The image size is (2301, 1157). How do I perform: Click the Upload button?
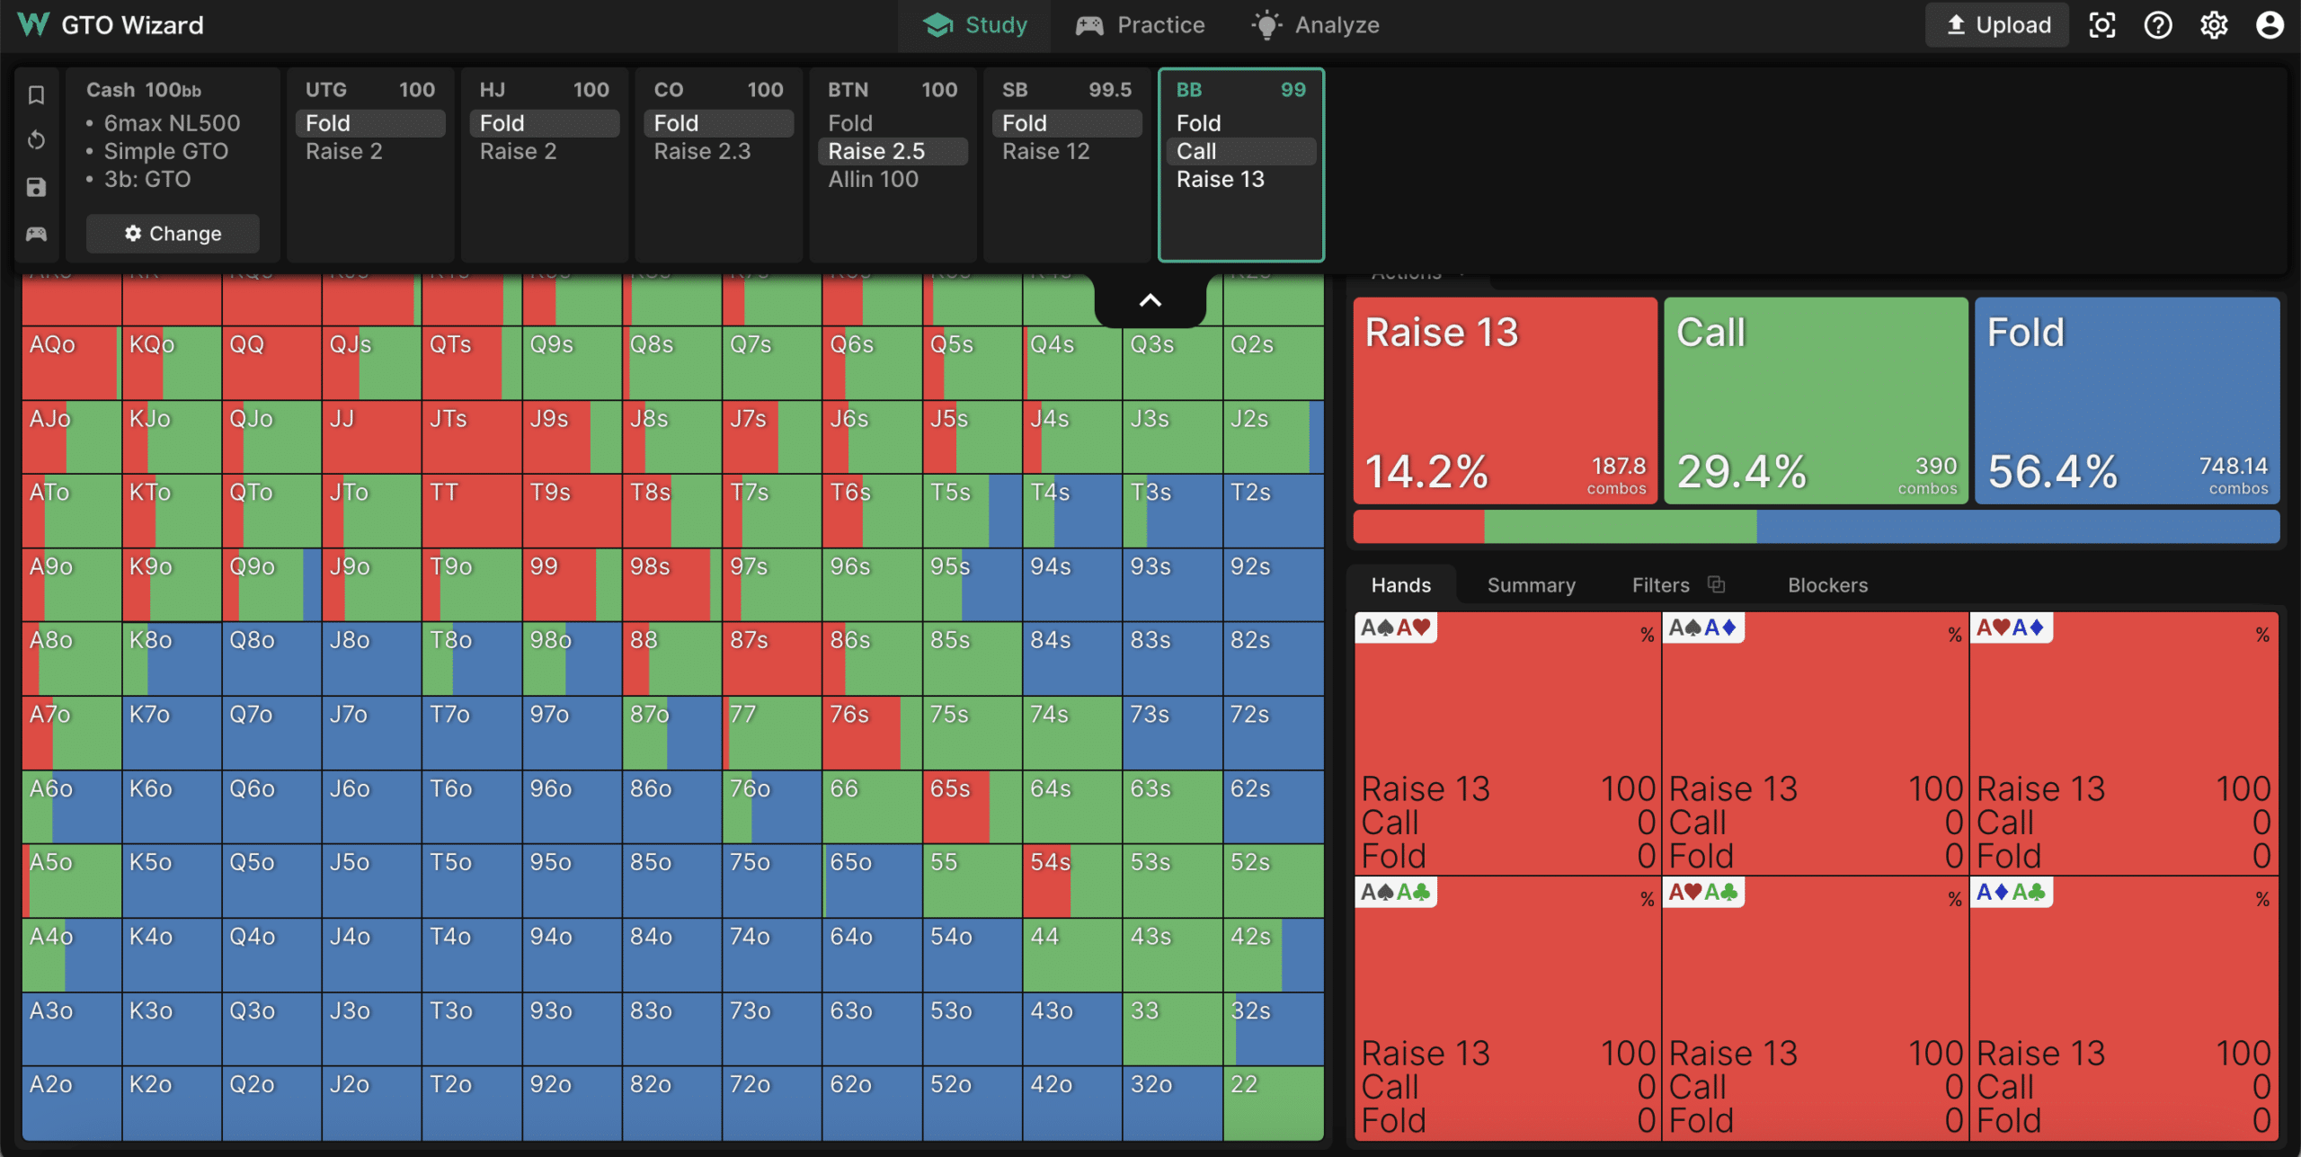pos(1996,25)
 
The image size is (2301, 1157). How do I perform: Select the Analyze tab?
pos(1316,25)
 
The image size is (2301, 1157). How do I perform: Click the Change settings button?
pos(173,234)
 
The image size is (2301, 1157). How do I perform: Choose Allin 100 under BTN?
pos(873,179)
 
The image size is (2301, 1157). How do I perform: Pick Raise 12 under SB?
pos(1045,151)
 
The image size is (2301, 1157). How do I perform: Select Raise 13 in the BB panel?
pos(1220,179)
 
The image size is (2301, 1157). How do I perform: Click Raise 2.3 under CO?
pos(702,151)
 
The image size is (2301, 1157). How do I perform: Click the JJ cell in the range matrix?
pos(371,437)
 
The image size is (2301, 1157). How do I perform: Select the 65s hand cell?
pos(972,806)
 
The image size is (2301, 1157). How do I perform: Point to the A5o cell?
pos(72,880)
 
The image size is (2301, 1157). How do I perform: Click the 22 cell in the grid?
pos(1273,1102)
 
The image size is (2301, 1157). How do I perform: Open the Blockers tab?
pos(1827,585)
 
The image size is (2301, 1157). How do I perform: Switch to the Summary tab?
pos(1531,585)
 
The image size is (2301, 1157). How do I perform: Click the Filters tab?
pos(1660,585)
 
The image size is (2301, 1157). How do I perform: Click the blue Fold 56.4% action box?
pos(2127,400)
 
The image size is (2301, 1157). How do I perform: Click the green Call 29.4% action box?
pos(1816,400)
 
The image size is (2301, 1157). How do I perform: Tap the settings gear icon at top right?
pos(2214,25)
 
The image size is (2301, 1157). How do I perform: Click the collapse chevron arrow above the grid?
pos(1150,301)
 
